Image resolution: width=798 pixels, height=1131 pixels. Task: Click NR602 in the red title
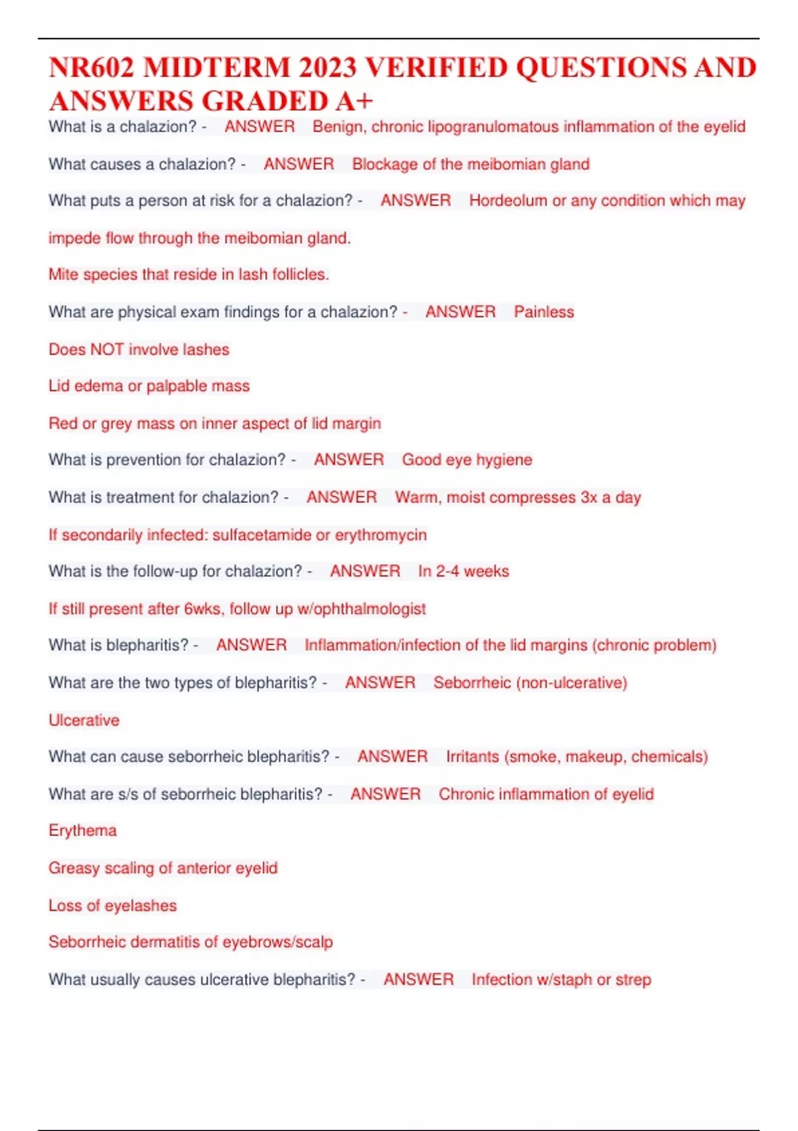point(92,68)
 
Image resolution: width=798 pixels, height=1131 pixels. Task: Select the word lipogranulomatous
point(492,126)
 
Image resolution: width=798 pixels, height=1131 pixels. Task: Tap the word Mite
point(63,274)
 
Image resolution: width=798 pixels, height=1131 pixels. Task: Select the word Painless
point(544,311)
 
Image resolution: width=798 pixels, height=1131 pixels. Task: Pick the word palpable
point(174,386)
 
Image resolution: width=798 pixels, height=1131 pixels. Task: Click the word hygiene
point(504,460)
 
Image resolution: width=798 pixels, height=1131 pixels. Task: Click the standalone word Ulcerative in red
point(84,720)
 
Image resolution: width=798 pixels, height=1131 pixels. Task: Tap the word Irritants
point(472,756)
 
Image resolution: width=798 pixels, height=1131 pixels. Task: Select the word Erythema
point(82,830)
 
